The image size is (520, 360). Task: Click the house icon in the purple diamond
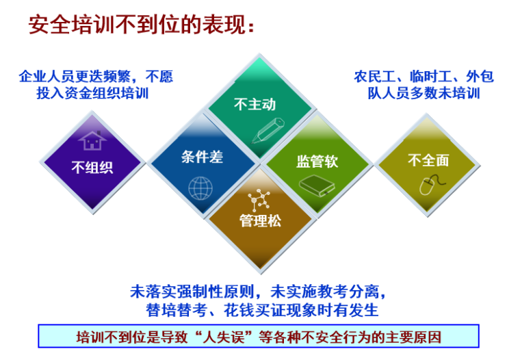point(92,140)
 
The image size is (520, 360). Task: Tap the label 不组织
point(92,167)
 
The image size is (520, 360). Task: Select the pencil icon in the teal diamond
point(268,131)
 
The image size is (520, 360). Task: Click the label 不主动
point(255,104)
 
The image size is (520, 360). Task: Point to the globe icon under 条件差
point(200,188)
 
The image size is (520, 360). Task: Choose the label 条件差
point(202,157)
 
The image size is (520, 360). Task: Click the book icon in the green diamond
point(317,185)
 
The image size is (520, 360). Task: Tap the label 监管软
point(317,162)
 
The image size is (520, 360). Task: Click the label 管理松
point(260,220)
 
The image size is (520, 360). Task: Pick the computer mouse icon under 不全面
point(432,185)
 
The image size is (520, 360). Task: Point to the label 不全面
point(428,160)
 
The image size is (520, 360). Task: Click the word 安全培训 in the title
point(72,25)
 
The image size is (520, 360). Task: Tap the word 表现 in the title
point(224,25)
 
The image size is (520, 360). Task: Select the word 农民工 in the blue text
point(375,77)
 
